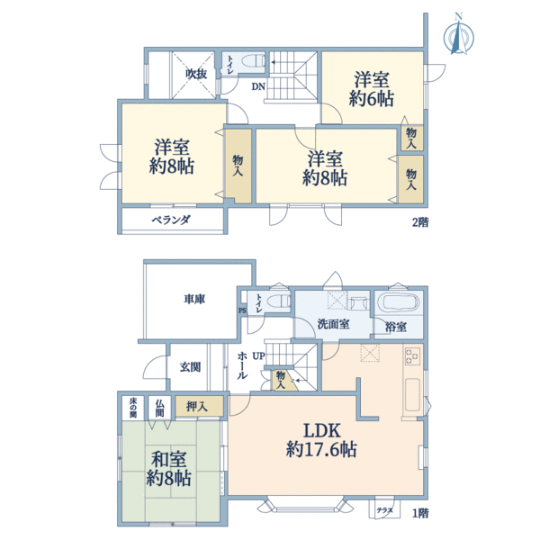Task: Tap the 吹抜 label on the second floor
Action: pos(196,74)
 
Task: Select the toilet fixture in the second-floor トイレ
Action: pos(254,61)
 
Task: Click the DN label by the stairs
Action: pos(258,86)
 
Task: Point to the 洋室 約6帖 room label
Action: pos(372,89)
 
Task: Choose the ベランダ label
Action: pos(171,220)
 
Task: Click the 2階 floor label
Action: pos(420,222)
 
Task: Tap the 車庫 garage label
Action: pos(194,300)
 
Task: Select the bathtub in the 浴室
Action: pos(398,302)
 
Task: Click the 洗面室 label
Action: pos(333,324)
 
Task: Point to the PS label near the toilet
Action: pos(242,310)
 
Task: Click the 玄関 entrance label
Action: pos(190,367)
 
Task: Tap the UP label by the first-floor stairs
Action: pos(258,355)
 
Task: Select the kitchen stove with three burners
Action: pos(412,356)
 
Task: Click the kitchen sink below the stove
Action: pos(412,395)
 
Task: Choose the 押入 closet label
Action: pos(197,407)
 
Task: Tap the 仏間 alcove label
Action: pos(159,408)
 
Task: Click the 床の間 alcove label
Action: pos(133,408)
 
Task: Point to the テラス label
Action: pos(384,510)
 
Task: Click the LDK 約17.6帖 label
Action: pos(321,440)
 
